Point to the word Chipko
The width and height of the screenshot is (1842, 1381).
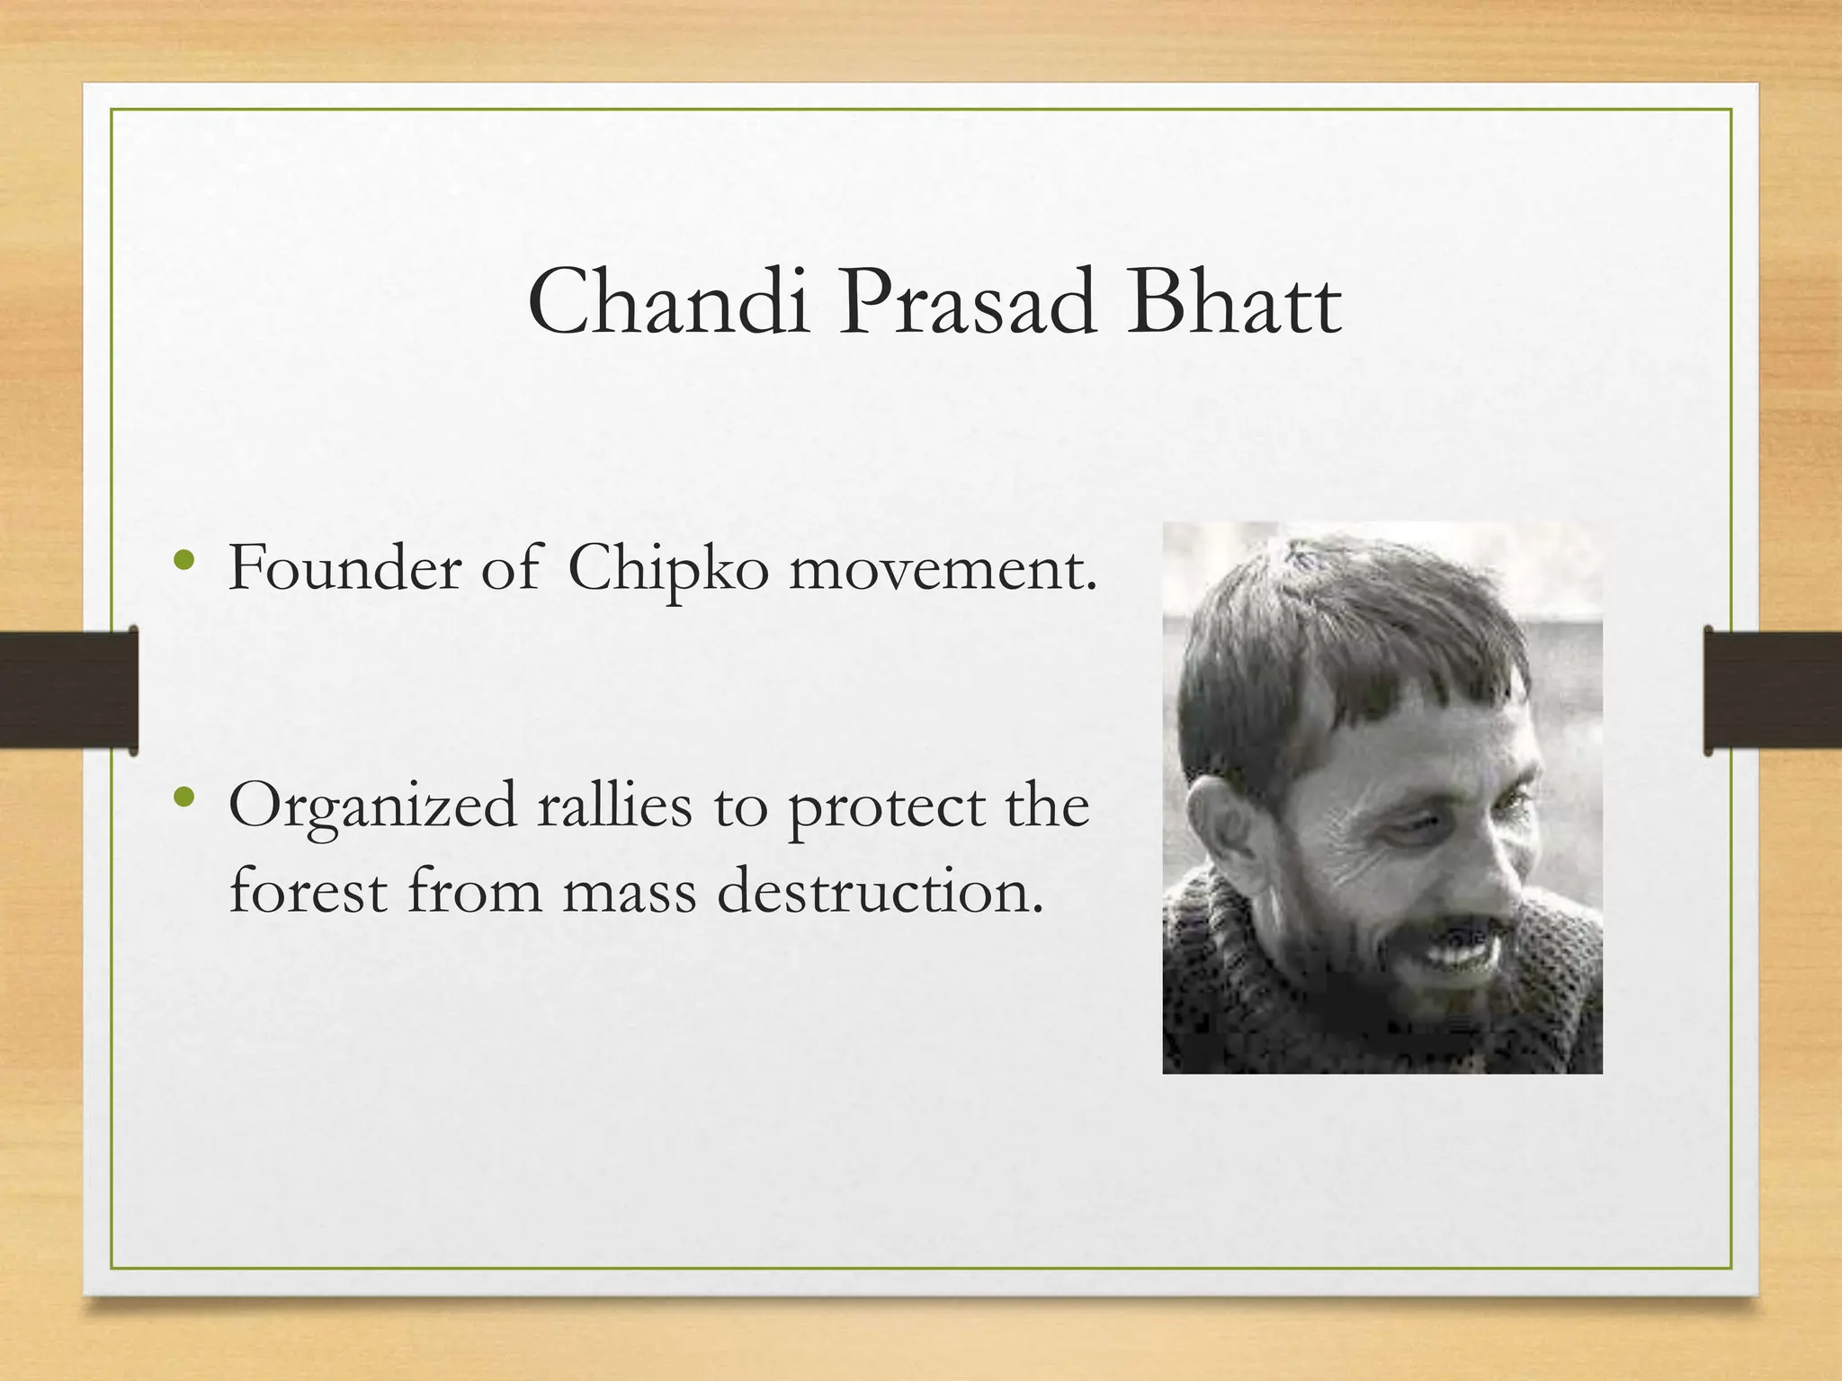[668, 570]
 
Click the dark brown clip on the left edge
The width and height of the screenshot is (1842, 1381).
[68, 690]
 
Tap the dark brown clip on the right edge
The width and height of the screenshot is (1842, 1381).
[1772, 690]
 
